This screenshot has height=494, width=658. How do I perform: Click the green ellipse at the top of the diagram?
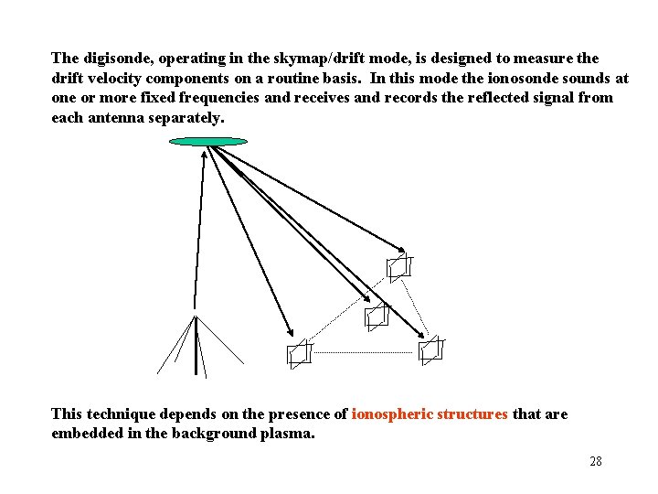[208, 142]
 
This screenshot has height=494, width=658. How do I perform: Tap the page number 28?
[596, 461]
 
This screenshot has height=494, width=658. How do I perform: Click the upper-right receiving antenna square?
[398, 268]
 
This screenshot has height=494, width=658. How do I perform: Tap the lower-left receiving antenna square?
[298, 354]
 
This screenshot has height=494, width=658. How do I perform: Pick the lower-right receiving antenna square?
[430, 349]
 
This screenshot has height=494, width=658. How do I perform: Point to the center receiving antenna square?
[376, 317]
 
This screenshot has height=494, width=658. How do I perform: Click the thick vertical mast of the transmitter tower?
[196, 348]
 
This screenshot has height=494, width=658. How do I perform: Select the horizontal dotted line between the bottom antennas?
[364, 352]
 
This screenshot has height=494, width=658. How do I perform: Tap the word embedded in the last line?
[86, 434]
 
